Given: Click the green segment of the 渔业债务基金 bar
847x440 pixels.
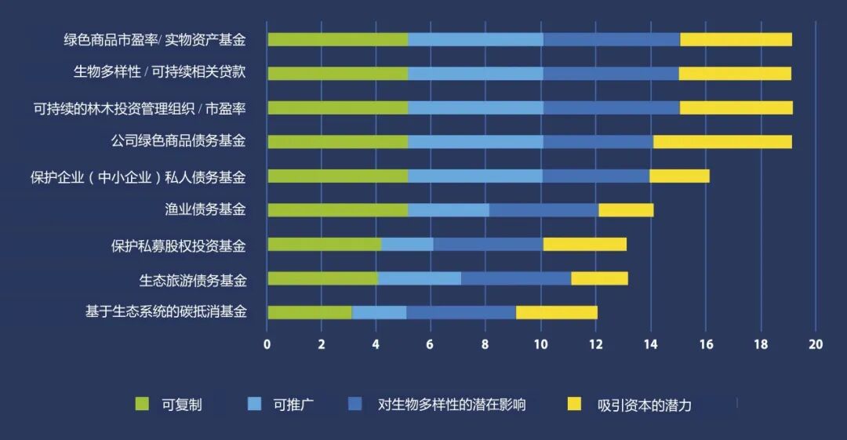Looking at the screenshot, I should tap(337, 210).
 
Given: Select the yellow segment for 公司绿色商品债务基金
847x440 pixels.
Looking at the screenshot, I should tap(722, 142).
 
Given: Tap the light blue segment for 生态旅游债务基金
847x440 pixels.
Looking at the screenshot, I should tap(419, 278).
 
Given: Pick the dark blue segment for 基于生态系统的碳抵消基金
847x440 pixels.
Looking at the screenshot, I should tap(461, 312).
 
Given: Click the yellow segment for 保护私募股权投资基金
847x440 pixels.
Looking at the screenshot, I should tap(584, 244).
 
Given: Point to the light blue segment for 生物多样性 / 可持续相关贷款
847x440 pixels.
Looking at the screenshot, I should tap(475, 74).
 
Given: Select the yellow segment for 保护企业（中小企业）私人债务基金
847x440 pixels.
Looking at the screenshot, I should tap(679, 176).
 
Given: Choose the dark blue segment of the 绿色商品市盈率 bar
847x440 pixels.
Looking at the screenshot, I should tap(611, 39).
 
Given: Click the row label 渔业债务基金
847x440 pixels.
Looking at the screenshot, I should tap(205, 209).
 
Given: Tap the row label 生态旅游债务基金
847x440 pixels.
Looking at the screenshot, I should tap(192, 280).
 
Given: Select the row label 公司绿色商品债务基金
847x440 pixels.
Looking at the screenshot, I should tap(178, 141).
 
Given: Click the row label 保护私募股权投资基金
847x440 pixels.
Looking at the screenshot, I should tap(178, 245).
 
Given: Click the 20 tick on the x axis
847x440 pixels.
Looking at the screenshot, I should tap(815, 345).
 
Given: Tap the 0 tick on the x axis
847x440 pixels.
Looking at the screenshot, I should tap(267, 345).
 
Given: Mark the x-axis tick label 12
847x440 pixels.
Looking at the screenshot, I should tap(596, 345).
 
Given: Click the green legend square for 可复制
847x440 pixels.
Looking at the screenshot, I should tap(142, 404).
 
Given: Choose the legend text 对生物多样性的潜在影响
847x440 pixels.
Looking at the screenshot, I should tap(452, 405).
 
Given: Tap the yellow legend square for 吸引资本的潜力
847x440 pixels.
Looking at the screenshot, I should tap(575, 404).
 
